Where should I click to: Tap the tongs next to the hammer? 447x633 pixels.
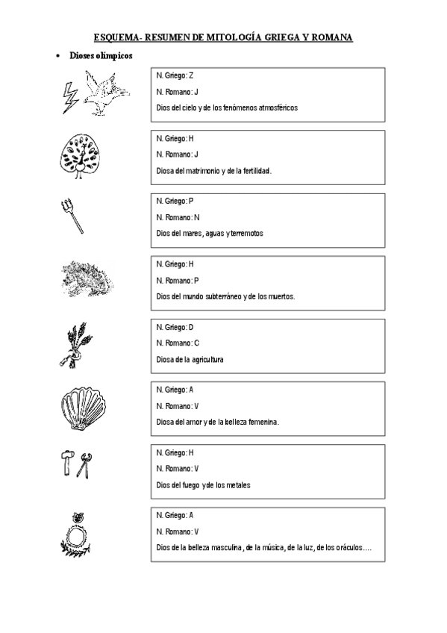point(87,465)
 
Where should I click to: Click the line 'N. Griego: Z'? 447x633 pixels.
point(175,75)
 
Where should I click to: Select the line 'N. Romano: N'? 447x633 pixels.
point(178,216)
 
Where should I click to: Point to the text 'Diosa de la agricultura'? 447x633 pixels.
point(190,359)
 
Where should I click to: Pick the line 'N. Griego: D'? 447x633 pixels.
point(175,327)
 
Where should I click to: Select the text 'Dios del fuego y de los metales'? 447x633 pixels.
point(203,484)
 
